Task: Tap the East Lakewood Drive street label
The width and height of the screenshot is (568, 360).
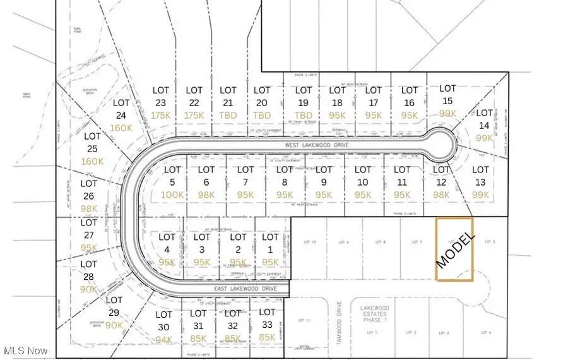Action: [246, 289]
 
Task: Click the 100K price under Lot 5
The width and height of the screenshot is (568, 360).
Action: [172, 195]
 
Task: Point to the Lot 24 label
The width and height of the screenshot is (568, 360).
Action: [121, 109]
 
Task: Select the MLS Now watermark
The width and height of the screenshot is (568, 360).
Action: [25, 350]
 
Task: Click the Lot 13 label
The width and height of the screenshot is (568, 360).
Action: [480, 175]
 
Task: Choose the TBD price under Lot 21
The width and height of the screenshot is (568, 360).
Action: [228, 116]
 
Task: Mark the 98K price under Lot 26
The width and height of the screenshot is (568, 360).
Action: [89, 208]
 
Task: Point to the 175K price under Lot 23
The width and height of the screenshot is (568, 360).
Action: [161, 116]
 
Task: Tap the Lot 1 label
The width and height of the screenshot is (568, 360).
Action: [270, 243]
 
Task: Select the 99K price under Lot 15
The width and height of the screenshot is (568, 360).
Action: [447, 113]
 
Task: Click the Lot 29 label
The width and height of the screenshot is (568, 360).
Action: [114, 306]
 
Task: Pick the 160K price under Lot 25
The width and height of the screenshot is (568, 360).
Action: [92, 161]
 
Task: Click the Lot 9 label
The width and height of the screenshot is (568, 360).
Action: [324, 176]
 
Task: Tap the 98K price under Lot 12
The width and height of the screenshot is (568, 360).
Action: [441, 195]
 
